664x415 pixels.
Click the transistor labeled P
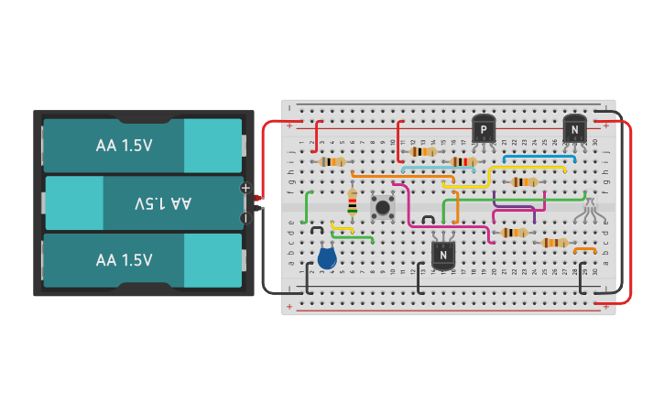pyautogui.click(x=484, y=129)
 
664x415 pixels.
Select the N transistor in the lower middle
pyautogui.click(x=443, y=254)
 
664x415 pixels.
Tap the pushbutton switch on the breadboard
pyautogui.click(x=382, y=206)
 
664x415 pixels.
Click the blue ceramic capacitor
pyautogui.click(x=327, y=257)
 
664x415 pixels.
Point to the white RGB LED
pyautogui.click(x=589, y=211)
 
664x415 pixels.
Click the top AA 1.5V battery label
pyautogui.click(x=125, y=146)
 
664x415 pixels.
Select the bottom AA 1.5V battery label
pyautogui.click(x=125, y=260)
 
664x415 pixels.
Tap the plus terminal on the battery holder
pyautogui.click(x=245, y=188)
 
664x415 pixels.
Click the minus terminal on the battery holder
pyautogui.click(x=245, y=218)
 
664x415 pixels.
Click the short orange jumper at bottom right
pyautogui.click(x=584, y=249)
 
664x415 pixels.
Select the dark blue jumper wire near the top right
pyautogui.click(x=539, y=158)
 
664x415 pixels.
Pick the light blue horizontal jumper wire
pyautogui.click(x=438, y=169)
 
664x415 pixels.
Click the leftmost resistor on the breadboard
pyautogui.click(x=332, y=161)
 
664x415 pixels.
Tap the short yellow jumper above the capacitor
pyautogui.click(x=342, y=227)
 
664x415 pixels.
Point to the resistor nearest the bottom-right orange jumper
pyautogui.click(x=554, y=243)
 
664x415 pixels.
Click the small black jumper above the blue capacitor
pyautogui.click(x=317, y=228)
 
